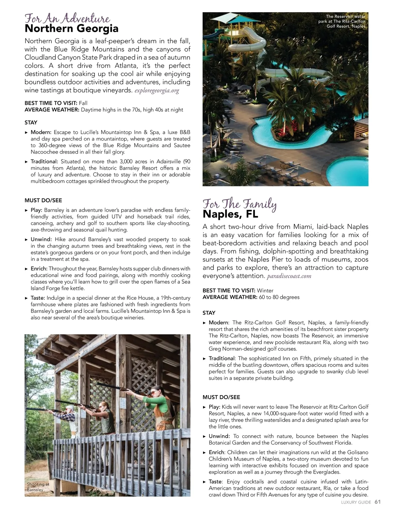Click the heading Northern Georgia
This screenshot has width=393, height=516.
tap(71, 29)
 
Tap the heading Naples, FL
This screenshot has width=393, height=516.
tap(230, 214)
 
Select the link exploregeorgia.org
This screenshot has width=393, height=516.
tap(157, 91)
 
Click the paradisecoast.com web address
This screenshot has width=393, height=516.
tap(289, 276)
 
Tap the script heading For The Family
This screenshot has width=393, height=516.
tap(239, 204)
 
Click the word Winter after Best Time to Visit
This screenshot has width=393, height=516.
tap(265, 291)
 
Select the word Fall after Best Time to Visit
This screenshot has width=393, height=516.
tap(83, 103)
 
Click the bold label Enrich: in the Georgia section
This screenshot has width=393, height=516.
tap(39, 269)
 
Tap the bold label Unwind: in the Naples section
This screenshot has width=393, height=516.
tap(219, 436)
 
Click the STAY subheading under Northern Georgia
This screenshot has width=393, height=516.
tap(31, 123)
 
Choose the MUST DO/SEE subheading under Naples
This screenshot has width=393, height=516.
tap(221, 397)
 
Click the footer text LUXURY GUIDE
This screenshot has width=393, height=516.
tap(356, 503)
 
